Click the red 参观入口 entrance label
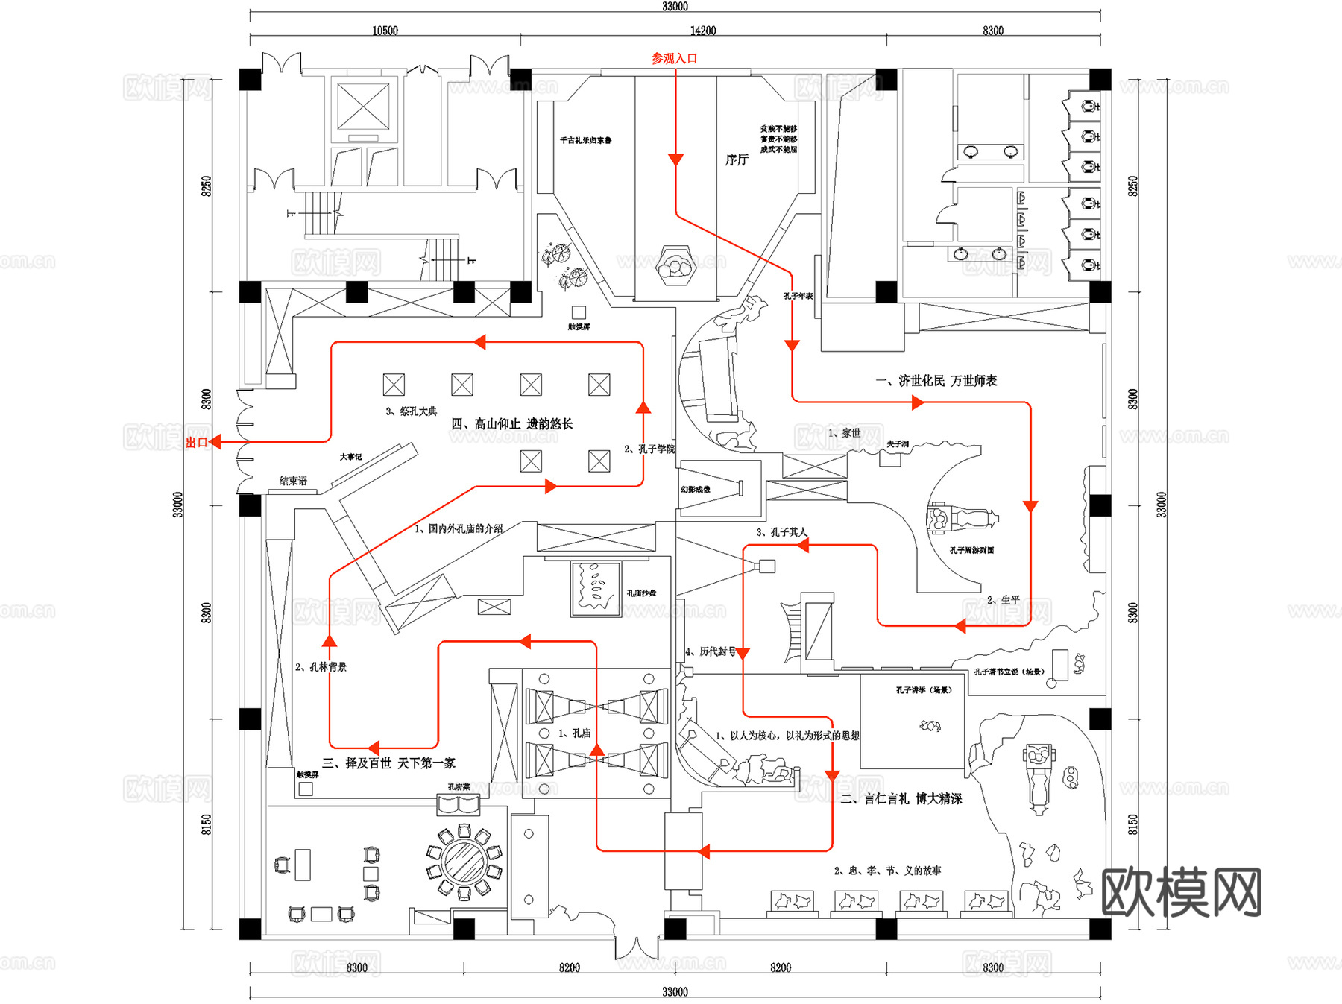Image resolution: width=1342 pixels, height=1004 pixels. click(x=674, y=58)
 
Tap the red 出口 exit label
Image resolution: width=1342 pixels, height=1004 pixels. click(x=196, y=443)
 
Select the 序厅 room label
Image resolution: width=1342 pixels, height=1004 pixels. click(x=737, y=160)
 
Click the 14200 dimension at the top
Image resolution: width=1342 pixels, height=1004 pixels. click(x=702, y=31)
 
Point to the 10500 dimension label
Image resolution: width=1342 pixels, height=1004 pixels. click(x=385, y=31)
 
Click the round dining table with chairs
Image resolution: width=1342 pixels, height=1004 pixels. click(x=464, y=862)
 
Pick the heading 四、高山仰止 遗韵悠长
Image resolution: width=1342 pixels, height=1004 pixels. click(x=511, y=424)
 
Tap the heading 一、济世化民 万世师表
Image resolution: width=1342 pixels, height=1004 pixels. click(x=936, y=381)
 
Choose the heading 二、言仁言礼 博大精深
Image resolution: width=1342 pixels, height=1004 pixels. click(x=901, y=799)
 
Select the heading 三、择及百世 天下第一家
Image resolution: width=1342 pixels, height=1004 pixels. click(x=388, y=763)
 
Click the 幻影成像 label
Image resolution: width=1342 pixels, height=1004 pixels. click(x=695, y=490)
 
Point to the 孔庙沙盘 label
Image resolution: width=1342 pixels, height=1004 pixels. click(x=641, y=593)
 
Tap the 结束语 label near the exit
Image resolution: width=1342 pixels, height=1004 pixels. click(x=293, y=481)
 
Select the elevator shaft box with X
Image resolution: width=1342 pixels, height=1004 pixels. click(x=363, y=107)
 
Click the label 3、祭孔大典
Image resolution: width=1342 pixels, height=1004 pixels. click(x=411, y=411)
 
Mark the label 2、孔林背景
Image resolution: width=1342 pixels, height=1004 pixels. click(x=321, y=667)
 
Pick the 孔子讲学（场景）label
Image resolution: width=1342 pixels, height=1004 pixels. click(x=924, y=690)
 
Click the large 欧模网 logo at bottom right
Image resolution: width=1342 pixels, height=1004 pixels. click(x=1181, y=892)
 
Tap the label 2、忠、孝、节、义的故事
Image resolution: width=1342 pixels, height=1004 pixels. click(x=887, y=871)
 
